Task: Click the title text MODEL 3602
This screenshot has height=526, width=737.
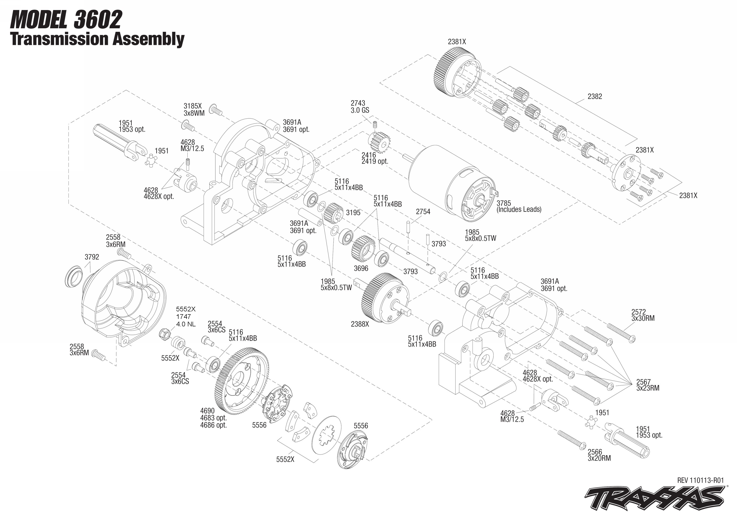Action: [66, 20]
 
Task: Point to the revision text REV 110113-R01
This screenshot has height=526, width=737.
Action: [700, 480]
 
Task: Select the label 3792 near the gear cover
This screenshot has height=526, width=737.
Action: [92, 257]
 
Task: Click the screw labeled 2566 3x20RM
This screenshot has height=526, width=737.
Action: [571, 440]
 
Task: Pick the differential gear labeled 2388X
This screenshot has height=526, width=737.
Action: [384, 298]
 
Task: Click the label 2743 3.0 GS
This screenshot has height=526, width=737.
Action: [360, 107]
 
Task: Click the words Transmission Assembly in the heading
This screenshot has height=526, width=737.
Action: [97, 39]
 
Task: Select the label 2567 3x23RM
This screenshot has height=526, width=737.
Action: [647, 385]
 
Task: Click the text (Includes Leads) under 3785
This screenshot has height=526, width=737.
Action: [518, 209]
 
